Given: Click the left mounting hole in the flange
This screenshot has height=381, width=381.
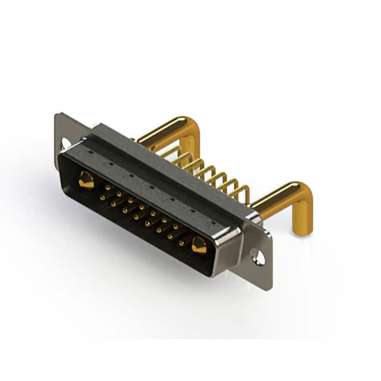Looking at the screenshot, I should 66,143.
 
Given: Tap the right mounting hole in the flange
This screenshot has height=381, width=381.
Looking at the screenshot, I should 258,258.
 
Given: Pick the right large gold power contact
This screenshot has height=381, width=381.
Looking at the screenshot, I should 198,244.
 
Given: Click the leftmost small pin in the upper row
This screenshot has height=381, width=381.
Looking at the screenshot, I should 105,187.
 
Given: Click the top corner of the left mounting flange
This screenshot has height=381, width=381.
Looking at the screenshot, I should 57,114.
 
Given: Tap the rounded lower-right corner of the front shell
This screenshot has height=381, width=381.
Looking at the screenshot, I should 220,271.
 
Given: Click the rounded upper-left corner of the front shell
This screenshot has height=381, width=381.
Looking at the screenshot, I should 62,156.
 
